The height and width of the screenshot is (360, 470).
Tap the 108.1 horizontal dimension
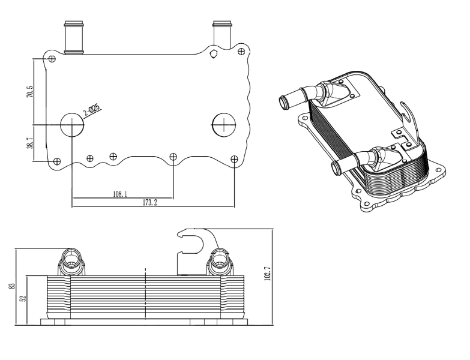(120, 194)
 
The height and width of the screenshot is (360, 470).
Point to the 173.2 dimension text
(150, 203)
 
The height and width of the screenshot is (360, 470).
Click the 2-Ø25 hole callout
(91, 112)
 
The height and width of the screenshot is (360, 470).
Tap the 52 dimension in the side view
(23, 298)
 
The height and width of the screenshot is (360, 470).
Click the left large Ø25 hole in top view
(72, 124)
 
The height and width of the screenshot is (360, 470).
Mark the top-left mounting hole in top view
(52, 59)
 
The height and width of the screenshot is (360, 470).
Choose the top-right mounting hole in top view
(241, 52)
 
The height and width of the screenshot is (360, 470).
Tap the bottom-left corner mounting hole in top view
(57, 161)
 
